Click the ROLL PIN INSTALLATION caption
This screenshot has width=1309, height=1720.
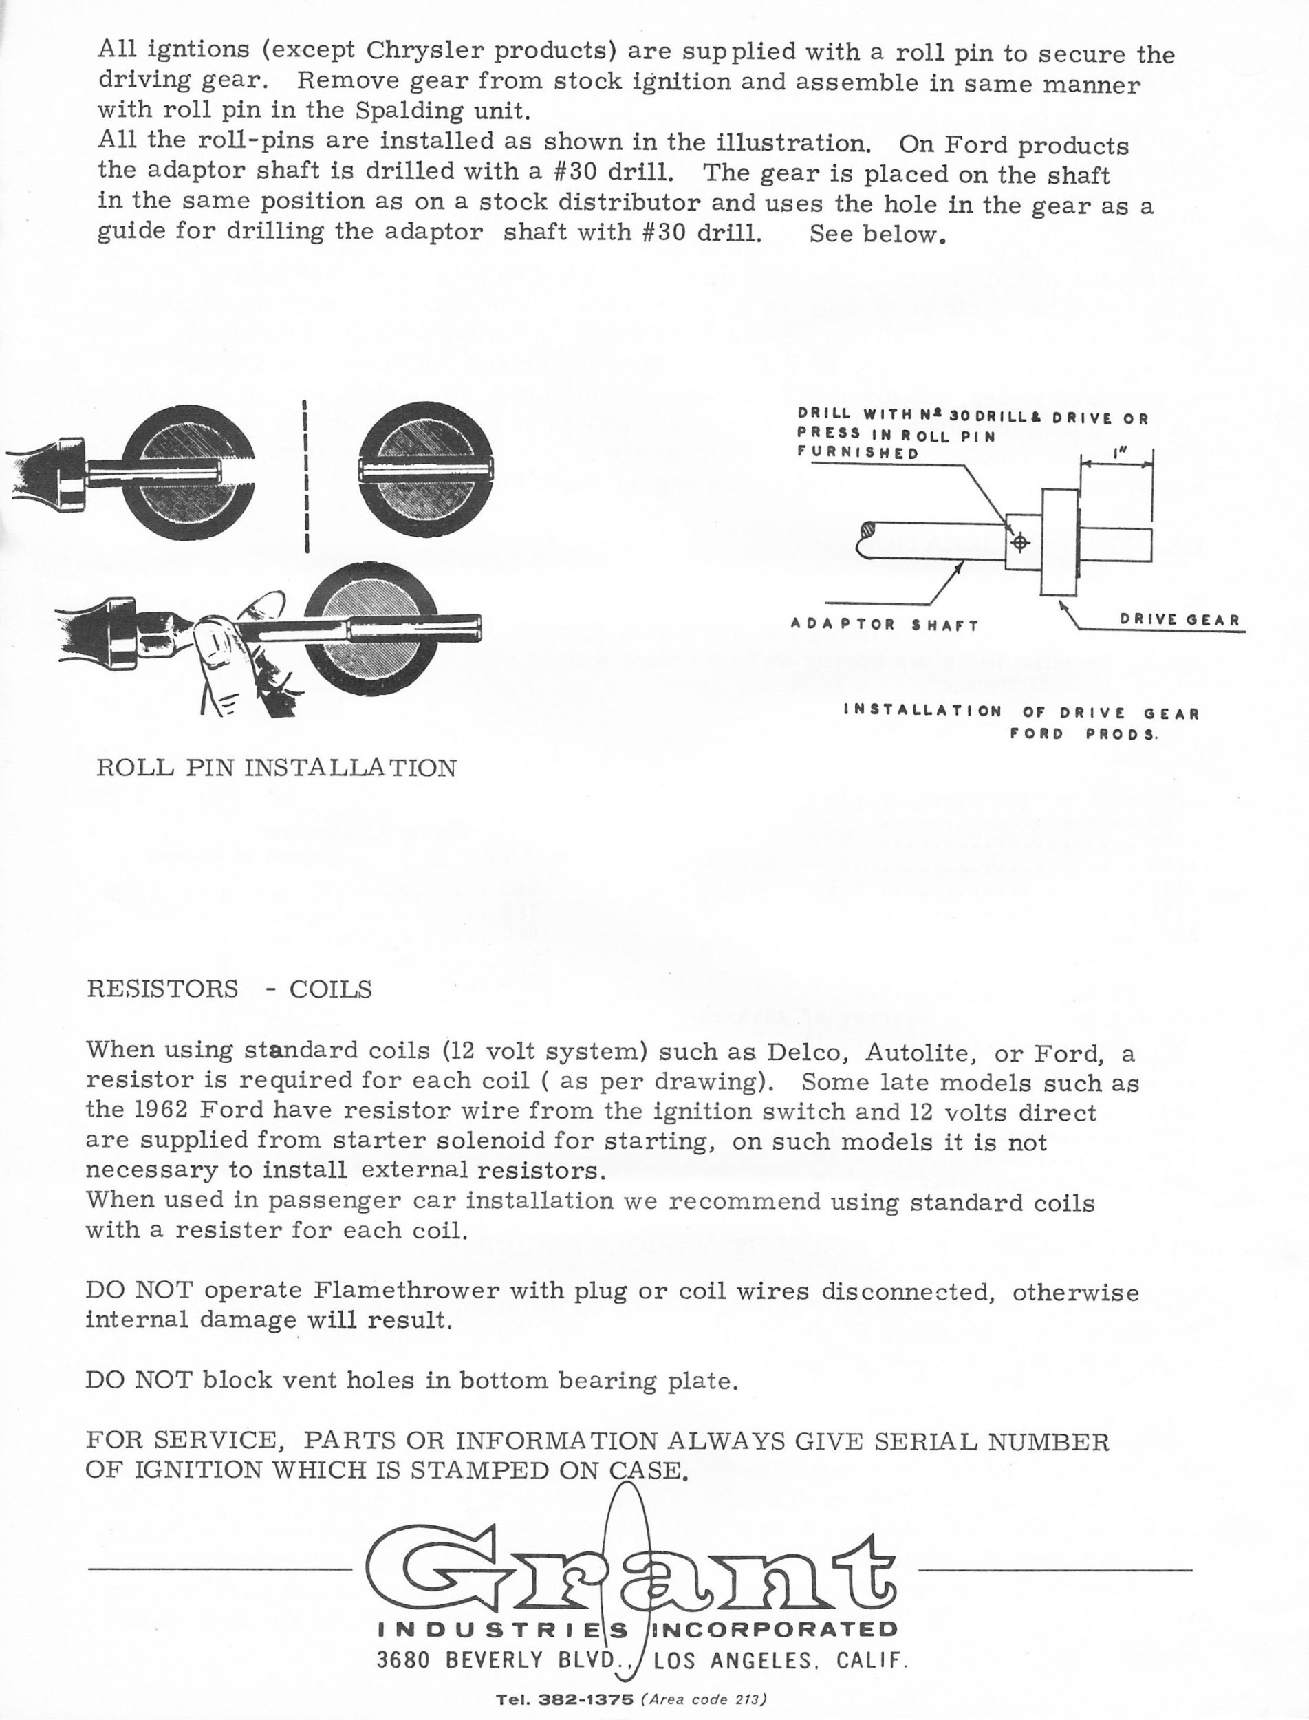click(276, 768)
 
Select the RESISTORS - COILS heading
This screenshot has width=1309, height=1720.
click(229, 989)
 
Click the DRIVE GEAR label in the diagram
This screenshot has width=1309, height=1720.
click(1179, 620)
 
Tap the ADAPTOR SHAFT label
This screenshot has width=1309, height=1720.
click(885, 624)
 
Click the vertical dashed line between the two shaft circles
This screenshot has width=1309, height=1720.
click(305, 475)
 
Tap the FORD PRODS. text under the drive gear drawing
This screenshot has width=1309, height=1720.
click(1083, 734)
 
